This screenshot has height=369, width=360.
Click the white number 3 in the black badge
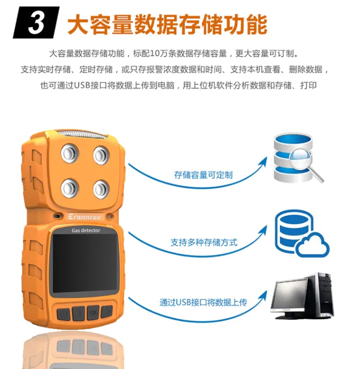click(x=36, y=23)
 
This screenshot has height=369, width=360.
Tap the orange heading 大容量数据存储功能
click(x=168, y=25)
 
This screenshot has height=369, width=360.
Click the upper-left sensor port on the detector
click(x=70, y=153)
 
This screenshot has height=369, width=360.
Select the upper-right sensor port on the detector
click(x=101, y=155)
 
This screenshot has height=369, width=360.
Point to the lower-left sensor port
click(x=70, y=188)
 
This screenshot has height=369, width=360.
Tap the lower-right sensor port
click(x=101, y=189)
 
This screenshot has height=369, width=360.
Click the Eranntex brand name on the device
click(x=84, y=217)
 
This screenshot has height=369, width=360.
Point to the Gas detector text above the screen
click(x=86, y=231)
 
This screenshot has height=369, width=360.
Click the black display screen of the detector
click(x=85, y=264)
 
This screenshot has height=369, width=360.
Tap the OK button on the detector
click(x=93, y=313)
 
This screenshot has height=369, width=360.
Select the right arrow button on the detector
click(x=107, y=312)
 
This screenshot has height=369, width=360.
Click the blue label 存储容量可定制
click(x=204, y=175)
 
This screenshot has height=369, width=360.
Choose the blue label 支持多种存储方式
click(x=204, y=242)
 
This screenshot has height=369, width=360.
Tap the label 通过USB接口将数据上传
click(x=204, y=302)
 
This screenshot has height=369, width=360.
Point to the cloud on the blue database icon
click(x=312, y=245)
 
